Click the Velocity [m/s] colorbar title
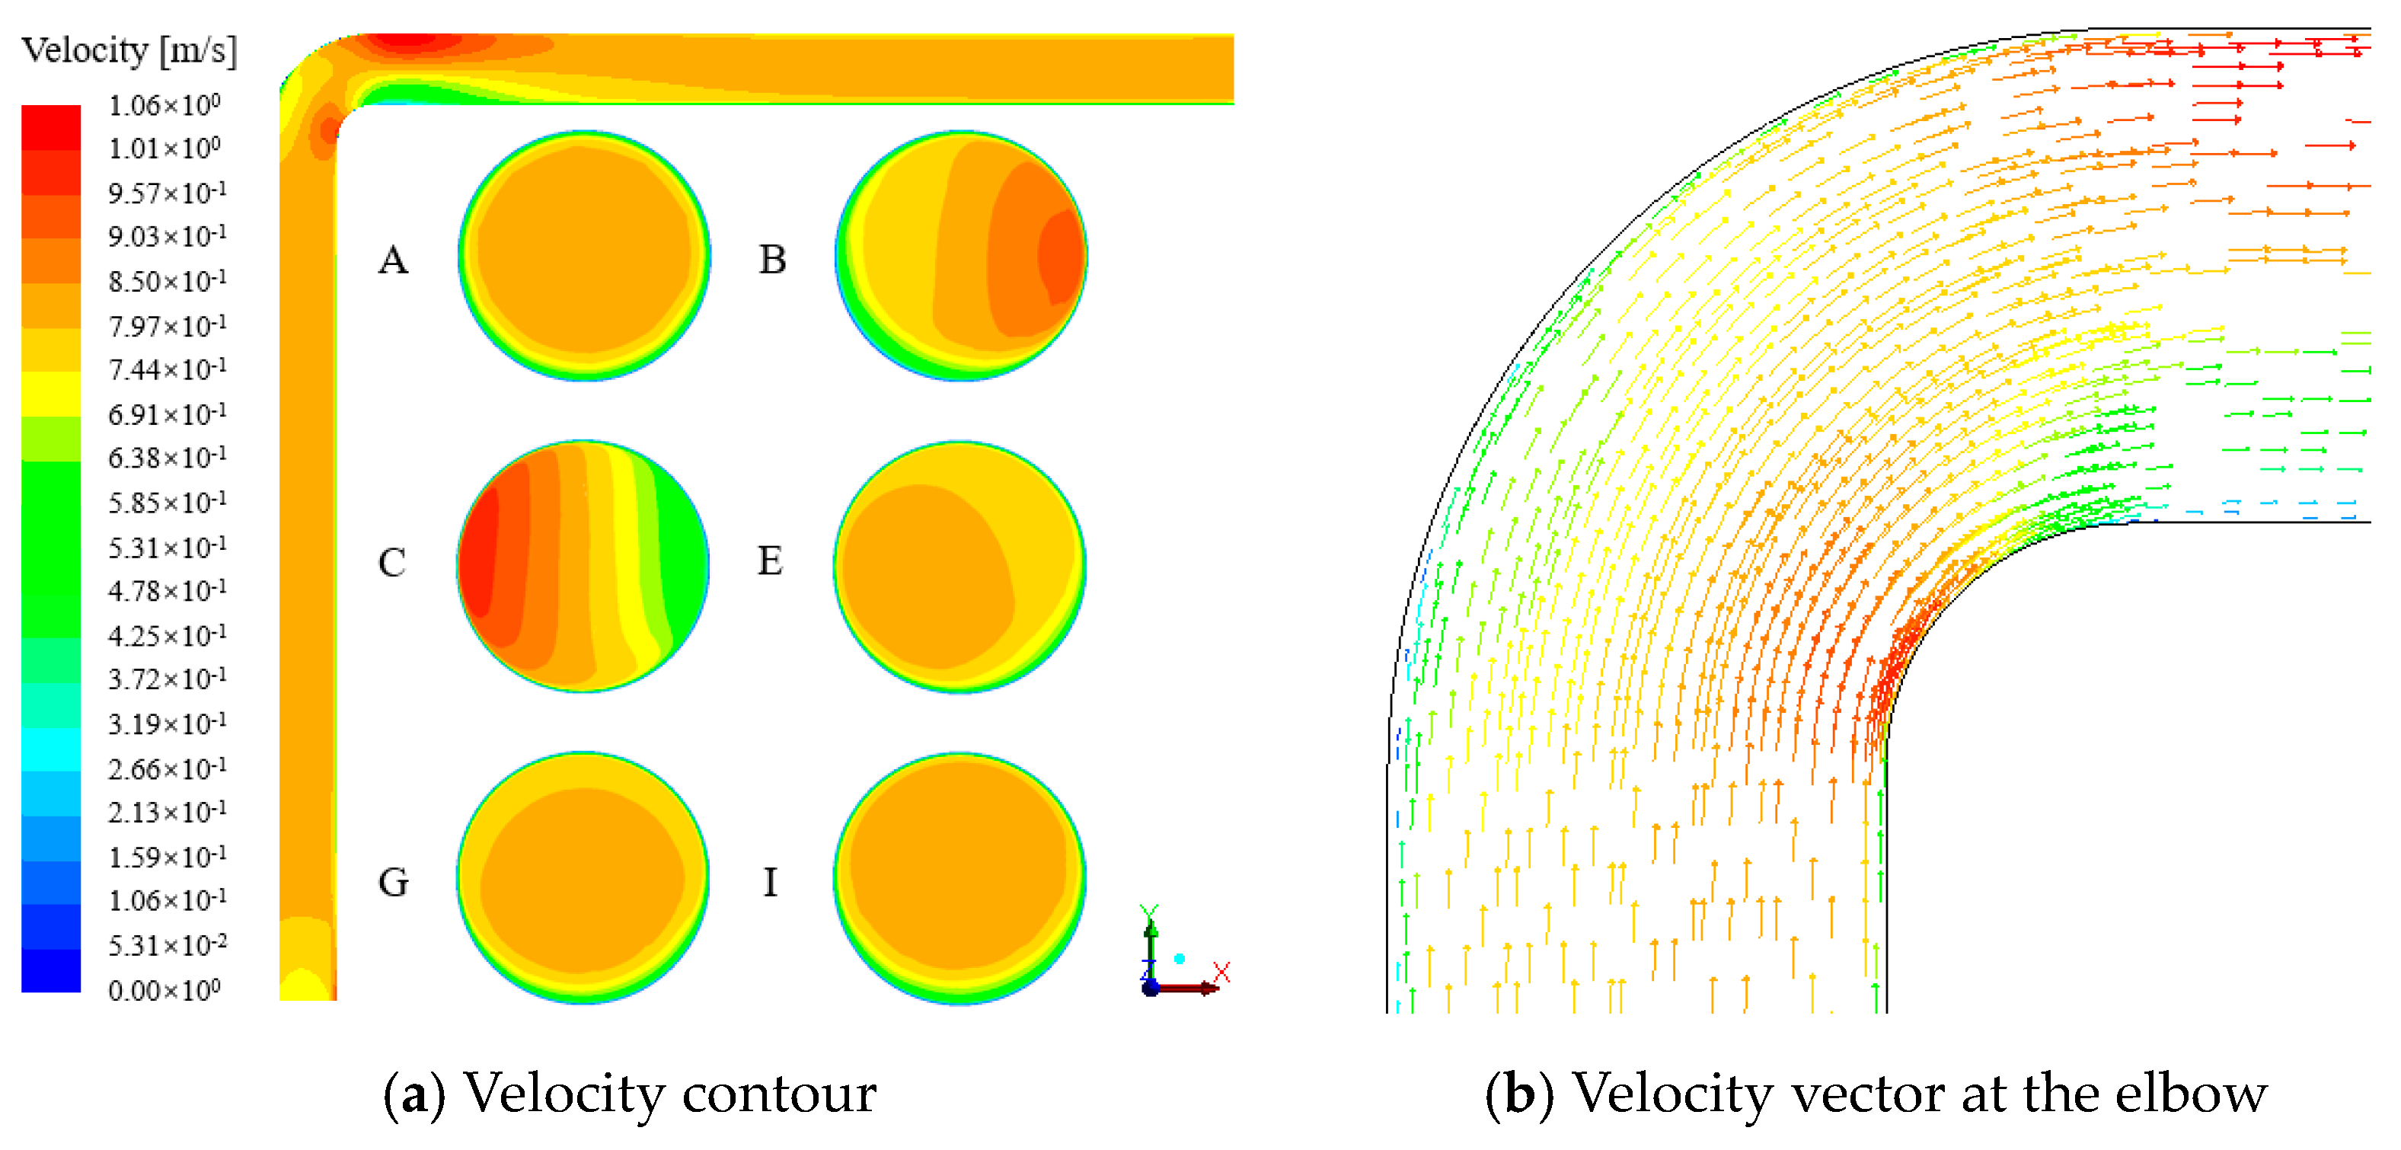129,50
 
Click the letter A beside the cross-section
392,259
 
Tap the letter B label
771,259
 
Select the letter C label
391,562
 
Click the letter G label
392,882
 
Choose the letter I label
770,882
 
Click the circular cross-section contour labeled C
583,566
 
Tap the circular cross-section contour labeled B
961,255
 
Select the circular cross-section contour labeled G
583,877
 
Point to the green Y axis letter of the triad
1148,912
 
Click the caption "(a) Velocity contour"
630,1092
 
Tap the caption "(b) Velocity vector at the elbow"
1876,1092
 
